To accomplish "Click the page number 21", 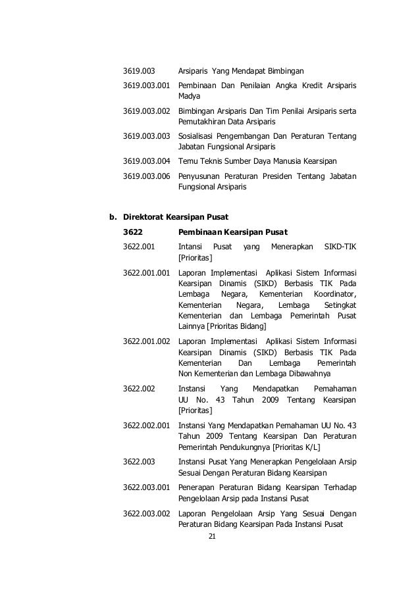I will pyautogui.click(x=211, y=537).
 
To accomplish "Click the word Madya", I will pyautogui.click(x=189, y=96).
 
